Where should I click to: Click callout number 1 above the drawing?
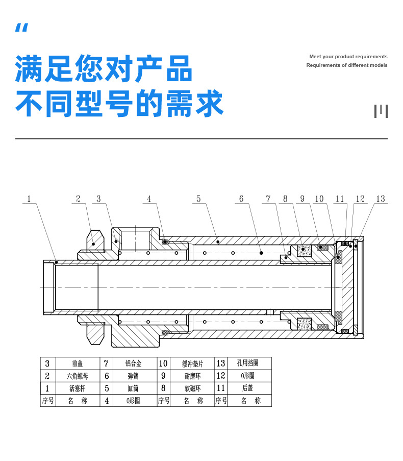(x=29, y=199)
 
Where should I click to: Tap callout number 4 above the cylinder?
(x=149, y=199)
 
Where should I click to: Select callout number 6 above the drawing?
(x=241, y=199)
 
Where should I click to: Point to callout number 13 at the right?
(x=380, y=199)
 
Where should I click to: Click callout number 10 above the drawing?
(x=319, y=199)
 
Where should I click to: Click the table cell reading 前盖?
(x=78, y=363)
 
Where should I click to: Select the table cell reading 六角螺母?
(x=78, y=376)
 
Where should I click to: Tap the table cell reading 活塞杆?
(x=78, y=389)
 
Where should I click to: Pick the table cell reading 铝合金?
(x=133, y=363)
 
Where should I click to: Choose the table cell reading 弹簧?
(x=133, y=376)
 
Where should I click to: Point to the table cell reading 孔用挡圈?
(x=248, y=363)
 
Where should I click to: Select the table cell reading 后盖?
(x=248, y=389)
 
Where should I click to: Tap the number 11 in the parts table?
(x=221, y=389)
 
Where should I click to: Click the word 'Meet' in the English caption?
(x=315, y=57)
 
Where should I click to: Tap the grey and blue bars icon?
(x=381, y=110)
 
